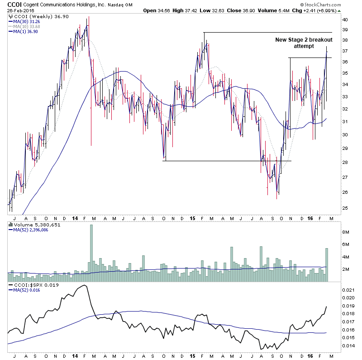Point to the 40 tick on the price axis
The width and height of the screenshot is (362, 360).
(345, 20)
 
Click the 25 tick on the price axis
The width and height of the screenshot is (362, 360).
(345, 208)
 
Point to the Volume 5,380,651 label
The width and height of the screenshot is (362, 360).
(31, 224)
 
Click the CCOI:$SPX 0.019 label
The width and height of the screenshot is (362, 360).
(30, 285)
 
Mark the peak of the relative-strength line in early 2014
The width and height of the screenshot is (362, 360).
(85, 286)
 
